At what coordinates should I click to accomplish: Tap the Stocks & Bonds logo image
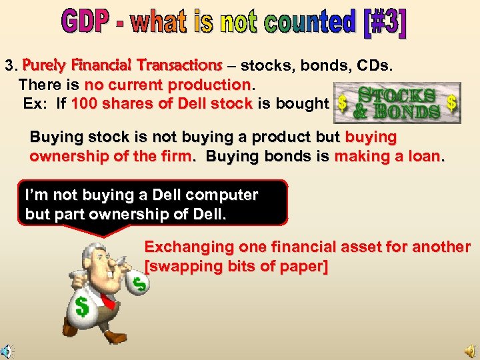pyautogui.click(x=397, y=103)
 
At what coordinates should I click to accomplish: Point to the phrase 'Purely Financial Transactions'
pyautogui.click(x=122, y=66)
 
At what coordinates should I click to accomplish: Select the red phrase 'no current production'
pyautogui.click(x=167, y=85)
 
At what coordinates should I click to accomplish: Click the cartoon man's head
pyautogui.click(x=100, y=261)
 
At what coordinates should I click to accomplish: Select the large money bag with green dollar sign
pyautogui.click(x=84, y=307)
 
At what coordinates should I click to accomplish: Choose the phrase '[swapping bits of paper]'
pyautogui.click(x=236, y=266)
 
